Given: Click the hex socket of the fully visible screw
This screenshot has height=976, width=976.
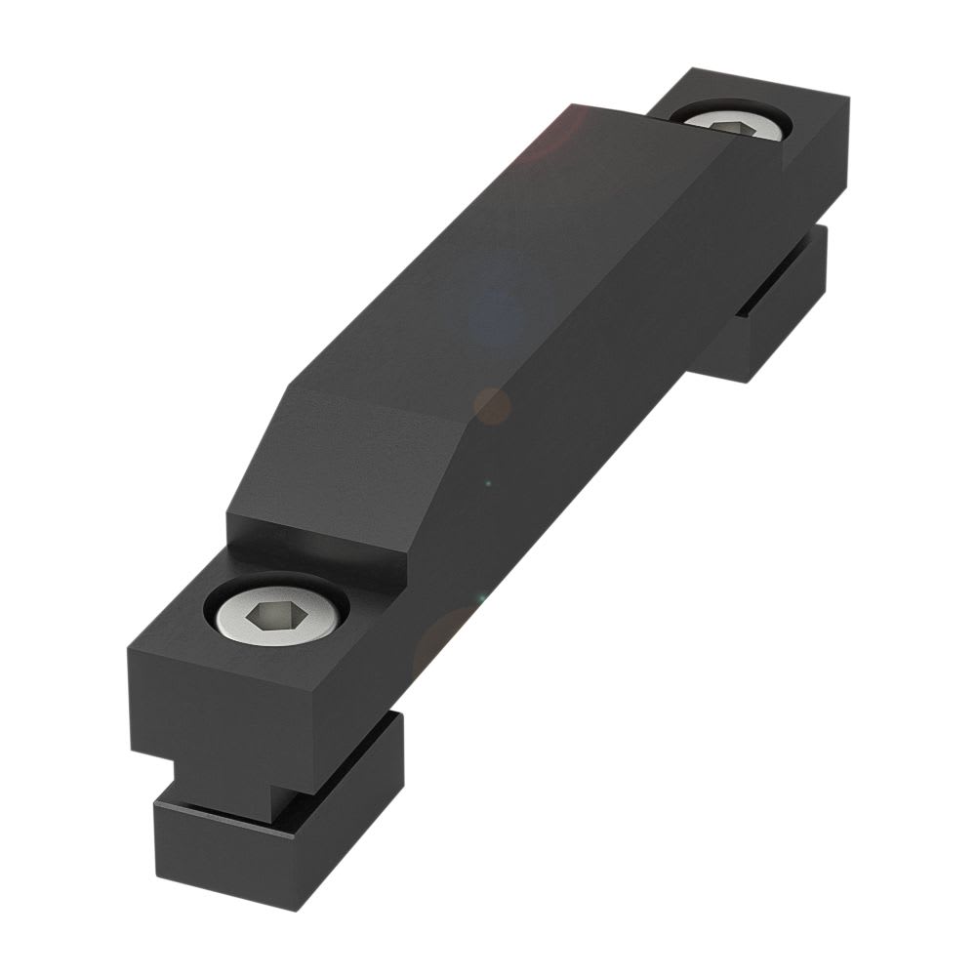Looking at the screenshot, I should click(275, 616).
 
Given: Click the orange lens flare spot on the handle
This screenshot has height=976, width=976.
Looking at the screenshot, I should click(492, 405).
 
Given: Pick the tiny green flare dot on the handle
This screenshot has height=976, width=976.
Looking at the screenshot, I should click(487, 482).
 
